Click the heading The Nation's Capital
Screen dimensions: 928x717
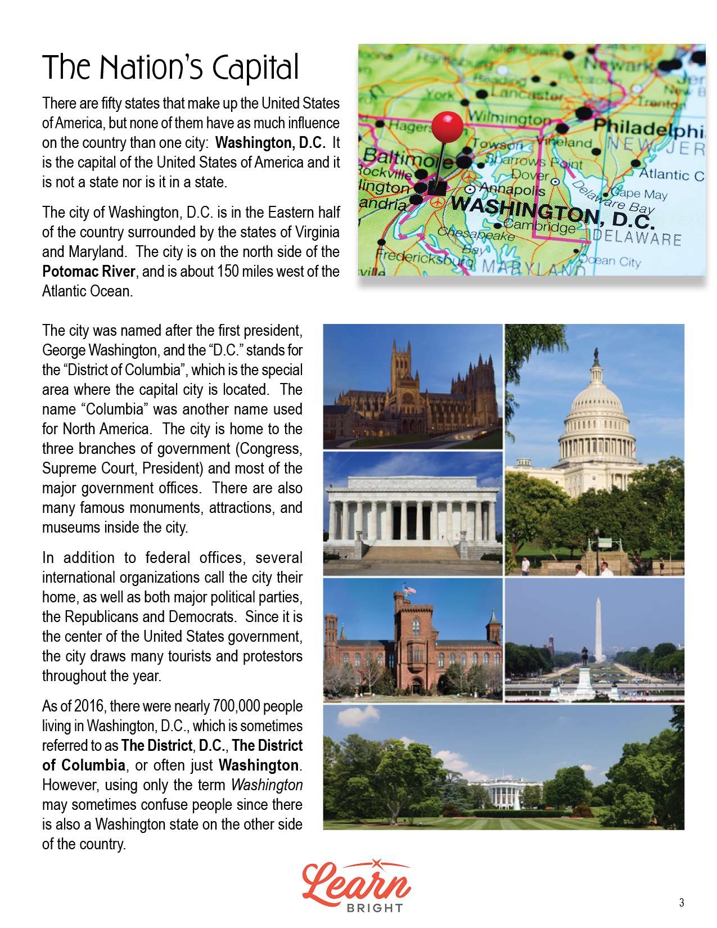tap(170, 69)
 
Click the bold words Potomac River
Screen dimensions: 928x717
tap(89, 272)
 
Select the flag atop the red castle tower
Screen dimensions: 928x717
tap(409, 590)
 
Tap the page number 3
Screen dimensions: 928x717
tap(682, 903)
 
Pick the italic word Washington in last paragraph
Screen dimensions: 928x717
tap(267, 785)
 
